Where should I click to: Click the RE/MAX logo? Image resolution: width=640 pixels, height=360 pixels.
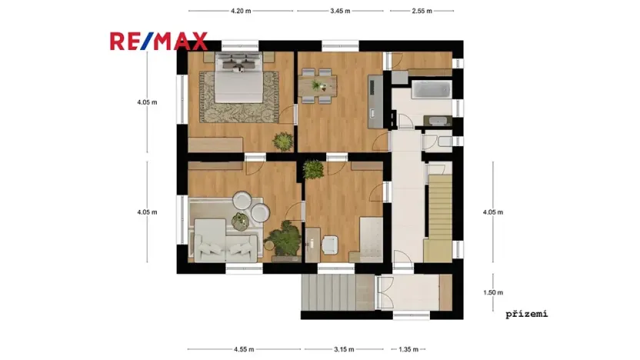pyautogui.click(x=158, y=41)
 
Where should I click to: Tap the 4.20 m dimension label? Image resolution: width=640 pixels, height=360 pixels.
pyautogui.click(x=241, y=12)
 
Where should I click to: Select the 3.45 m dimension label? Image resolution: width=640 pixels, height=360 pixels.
pyautogui.click(x=340, y=12)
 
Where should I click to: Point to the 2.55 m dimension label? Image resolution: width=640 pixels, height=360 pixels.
pyautogui.click(x=422, y=12)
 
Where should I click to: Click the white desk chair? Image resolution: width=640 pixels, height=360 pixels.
pyautogui.click(x=331, y=242)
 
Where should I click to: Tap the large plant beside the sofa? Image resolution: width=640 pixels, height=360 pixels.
pyautogui.click(x=285, y=238)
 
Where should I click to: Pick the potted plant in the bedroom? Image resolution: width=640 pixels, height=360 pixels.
pyautogui.click(x=283, y=141)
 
